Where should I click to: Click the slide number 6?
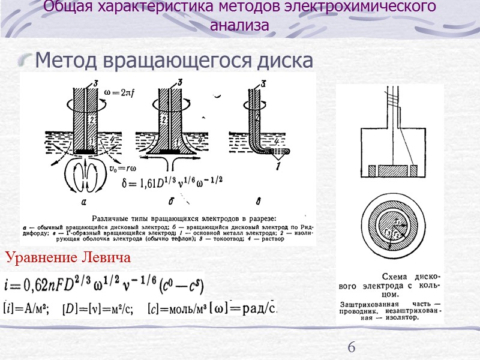click(352, 347)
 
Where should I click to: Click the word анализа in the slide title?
click(239, 25)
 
